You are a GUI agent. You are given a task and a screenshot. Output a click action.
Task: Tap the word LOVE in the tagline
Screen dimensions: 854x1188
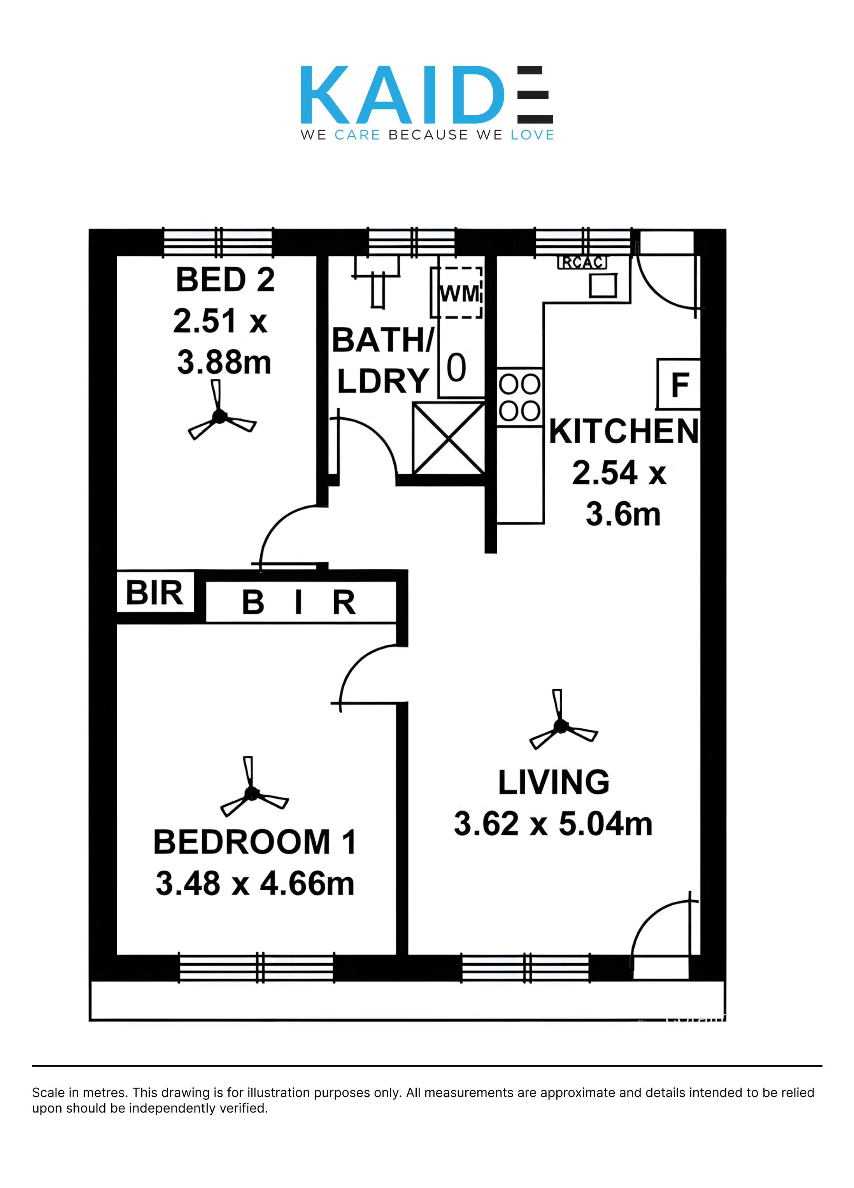coord(532,135)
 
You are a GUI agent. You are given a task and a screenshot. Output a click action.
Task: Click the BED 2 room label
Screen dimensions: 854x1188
coord(225,279)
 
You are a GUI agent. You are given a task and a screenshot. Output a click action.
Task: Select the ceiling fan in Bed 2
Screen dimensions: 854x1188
coord(222,411)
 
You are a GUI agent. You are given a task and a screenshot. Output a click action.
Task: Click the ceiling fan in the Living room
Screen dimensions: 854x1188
coord(563,720)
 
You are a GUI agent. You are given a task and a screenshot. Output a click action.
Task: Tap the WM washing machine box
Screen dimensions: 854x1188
coord(456,292)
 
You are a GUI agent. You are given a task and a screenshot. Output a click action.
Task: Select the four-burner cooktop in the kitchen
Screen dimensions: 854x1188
coord(519,397)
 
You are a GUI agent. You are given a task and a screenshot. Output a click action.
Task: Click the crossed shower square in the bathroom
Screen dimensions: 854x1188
coord(449,438)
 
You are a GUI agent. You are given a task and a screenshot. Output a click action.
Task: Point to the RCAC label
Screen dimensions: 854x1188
coord(582,262)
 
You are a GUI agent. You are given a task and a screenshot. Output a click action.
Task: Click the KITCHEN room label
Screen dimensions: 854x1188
coord(623,431)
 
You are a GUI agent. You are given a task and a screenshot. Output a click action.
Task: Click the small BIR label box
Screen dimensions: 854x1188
coord(155,592)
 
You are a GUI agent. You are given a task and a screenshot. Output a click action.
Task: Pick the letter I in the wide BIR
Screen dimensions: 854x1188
coord(299,602)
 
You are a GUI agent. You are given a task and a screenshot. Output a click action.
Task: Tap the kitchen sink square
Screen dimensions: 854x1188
coord(603,285)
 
